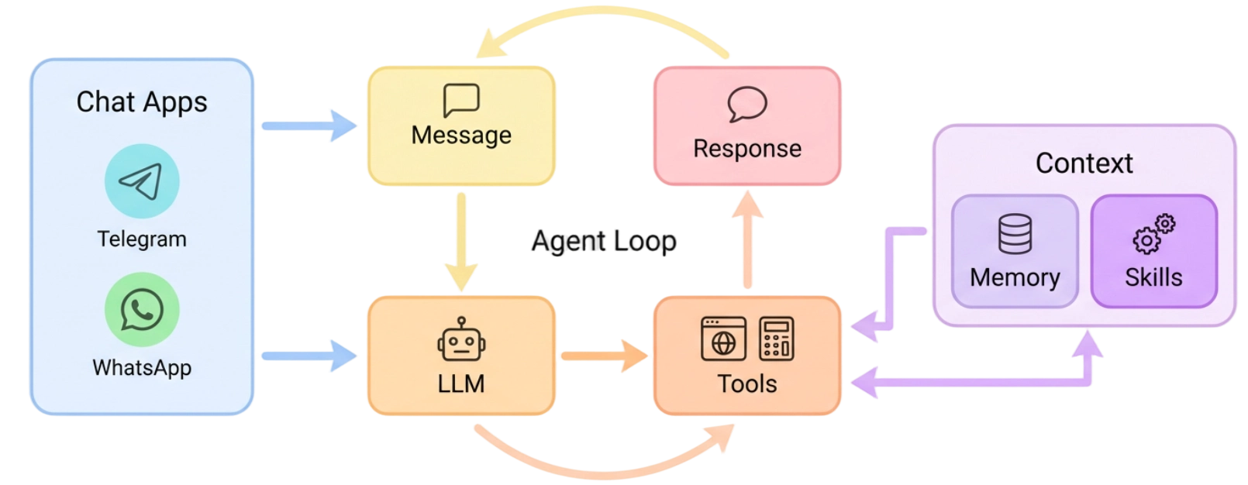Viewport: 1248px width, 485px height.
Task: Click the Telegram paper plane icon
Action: tap(142, 181)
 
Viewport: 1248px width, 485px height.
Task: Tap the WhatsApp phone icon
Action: tap(142, 310)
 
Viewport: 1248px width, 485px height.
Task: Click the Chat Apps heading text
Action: tap(142, 102)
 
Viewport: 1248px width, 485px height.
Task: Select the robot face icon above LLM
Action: tap(461, 340)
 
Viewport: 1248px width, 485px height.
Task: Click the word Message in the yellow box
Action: tap(461, 136)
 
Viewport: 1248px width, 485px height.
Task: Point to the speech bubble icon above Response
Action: tap(747, 105)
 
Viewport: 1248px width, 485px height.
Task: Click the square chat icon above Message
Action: tap(461, 101)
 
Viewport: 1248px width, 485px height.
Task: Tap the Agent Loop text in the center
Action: tap(603, 242)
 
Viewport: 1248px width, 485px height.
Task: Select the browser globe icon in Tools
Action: tap(723, 339)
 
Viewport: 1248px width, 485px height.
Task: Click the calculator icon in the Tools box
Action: tap(776, 339)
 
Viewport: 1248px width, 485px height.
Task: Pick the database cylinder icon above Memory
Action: tap(1015, 234)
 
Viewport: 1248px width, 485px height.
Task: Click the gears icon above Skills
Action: tap(1153, 234)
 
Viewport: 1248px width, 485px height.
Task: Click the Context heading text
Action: tap(1084, 163)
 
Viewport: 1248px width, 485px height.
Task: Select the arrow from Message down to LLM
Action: tap(461, 240)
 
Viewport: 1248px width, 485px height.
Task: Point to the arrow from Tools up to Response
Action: tap(747, 240)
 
